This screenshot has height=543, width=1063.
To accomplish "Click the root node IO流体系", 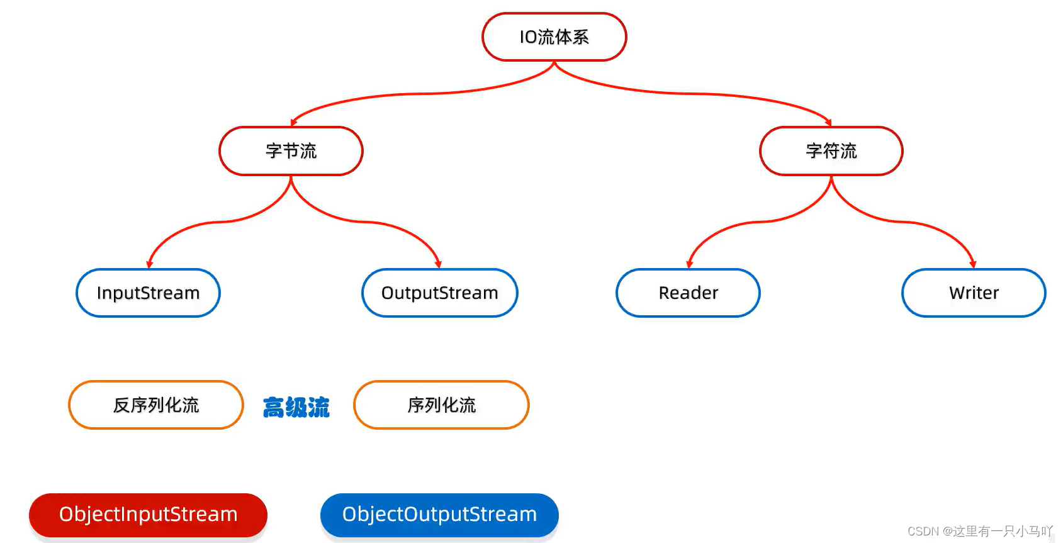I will pos(554,37).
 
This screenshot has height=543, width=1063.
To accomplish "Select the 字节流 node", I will pos(291,151).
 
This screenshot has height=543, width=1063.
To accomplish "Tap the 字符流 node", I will pos(831,151).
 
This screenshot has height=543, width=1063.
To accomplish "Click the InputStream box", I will pos(148,293).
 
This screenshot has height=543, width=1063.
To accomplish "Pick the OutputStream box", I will pos(439,293).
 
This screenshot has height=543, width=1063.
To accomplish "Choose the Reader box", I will pos(688,293).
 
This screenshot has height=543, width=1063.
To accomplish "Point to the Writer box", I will pos(974,293).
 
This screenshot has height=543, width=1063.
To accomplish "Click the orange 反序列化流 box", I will pos(156,405).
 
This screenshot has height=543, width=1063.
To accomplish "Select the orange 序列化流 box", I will pos(441,405).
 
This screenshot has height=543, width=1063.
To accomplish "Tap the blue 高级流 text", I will pos(296,408).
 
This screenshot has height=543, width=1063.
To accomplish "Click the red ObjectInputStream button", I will pos(148,515).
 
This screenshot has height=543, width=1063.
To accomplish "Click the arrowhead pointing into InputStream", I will pos(149,264).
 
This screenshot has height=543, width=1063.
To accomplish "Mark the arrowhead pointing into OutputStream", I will pos(438,264).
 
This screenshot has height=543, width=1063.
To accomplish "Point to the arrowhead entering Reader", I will pos(689,264).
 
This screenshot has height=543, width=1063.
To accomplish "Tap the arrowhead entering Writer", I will pos(973,264).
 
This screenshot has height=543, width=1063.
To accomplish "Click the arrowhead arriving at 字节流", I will pos(293,123).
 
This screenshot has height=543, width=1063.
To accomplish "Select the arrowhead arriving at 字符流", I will pos(829,123).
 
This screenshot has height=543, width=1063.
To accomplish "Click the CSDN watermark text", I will pos(979,532).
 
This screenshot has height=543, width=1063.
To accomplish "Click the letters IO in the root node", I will pos(528,37).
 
